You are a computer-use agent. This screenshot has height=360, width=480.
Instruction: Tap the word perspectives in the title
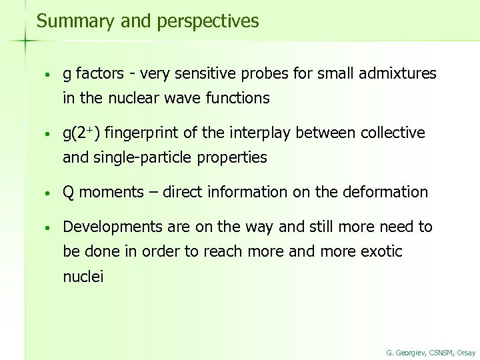tap(208, 22)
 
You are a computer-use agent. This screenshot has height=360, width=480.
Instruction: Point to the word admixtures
tap(399, 73)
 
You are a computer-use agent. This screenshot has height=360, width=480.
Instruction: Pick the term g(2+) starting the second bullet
tap(81, 133)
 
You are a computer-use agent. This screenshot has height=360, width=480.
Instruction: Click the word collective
tap(393, 133)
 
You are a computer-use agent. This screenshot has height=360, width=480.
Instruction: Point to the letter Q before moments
tap(68, 193)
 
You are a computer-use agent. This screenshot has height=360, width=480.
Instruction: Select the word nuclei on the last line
tap(83, 277)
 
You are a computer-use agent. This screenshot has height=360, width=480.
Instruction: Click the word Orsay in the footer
tap(466, 353)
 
